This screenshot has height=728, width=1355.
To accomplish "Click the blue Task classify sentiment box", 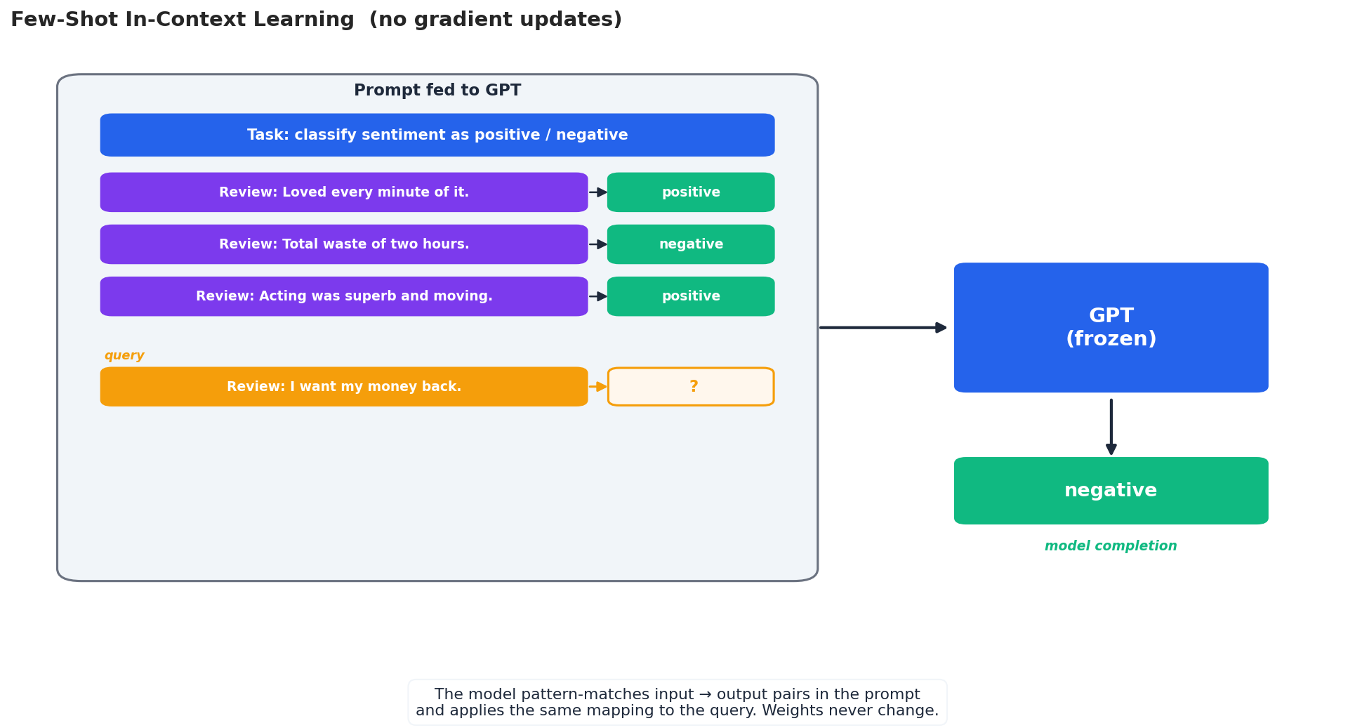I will click(x=437, y=135).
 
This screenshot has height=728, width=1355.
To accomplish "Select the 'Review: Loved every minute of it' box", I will click(x=343, y=192).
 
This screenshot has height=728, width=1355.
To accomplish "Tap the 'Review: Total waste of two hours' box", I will click(x=343, y=244).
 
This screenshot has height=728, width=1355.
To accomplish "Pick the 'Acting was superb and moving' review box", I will click(x=343, y=296).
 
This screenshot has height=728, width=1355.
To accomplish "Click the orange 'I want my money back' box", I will click(x=343, y=387).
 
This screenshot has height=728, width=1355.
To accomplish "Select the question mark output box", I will click(x=691, y=387).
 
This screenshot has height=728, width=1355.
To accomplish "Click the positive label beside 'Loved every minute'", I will click(x=691, y=192).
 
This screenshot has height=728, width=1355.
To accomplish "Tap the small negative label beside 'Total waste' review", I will click(x=691, y=244).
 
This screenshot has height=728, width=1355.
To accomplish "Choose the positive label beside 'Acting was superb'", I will click(x=691, y=296).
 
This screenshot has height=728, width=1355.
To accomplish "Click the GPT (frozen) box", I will click(x=1111, y=327).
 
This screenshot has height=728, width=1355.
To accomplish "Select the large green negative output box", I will click(x=1111, y=491).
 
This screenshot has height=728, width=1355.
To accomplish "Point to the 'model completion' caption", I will click(x=1111, y=546).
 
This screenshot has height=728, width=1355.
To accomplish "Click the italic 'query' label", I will click(x=124, y=356).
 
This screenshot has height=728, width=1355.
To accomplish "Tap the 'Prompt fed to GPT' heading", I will click(x=437, y=91).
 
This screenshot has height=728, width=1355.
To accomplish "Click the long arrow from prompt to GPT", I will click(x=882, y=327).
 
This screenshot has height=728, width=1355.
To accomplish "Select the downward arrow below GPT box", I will click(x=1111, y=426).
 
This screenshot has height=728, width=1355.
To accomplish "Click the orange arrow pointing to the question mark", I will click(x=597, y=387).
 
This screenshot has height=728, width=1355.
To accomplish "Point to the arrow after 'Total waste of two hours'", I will click(x=597, y=244).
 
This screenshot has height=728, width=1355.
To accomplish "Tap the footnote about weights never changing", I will click(x=677, y=703).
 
